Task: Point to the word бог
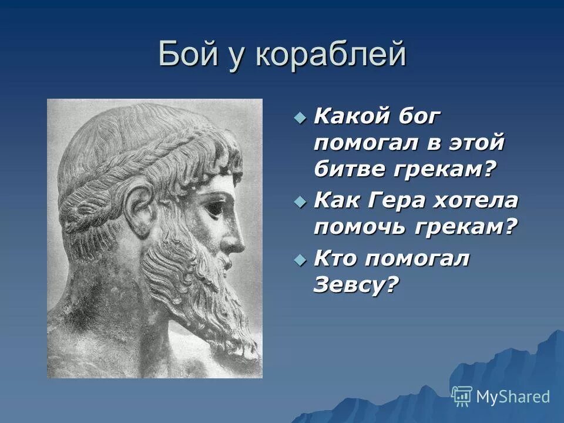(419, 116)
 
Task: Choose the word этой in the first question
(476, 143)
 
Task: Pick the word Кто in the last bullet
(334, 258)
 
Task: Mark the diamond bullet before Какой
(300, 118)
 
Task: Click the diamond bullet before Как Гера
(300, 202)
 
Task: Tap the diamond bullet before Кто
(300, 260)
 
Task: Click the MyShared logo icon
(462, 396)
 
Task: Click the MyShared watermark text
(512, 397)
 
